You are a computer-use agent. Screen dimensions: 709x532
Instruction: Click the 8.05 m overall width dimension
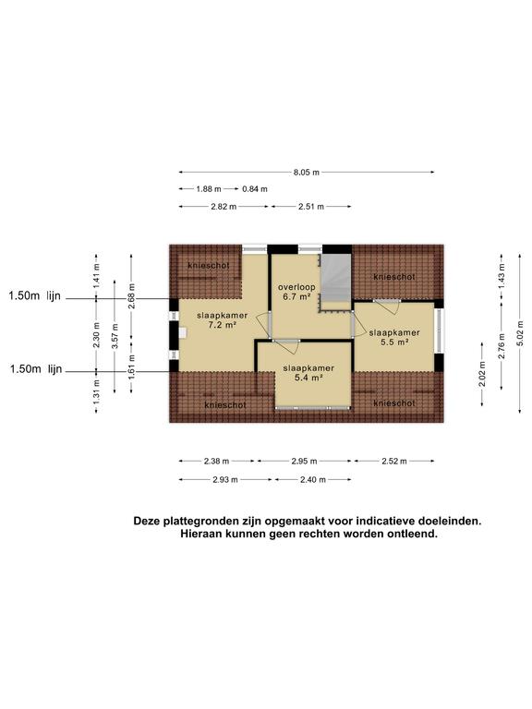[307, 173]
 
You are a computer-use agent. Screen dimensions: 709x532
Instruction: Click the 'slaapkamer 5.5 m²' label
[394, 337]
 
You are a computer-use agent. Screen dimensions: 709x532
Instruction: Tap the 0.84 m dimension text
[255, 189]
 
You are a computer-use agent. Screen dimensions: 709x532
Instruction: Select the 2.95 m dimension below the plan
[305, 460]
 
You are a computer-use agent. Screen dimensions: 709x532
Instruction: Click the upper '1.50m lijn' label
[35, 296]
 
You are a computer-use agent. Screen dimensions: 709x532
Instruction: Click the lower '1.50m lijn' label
[35, 369]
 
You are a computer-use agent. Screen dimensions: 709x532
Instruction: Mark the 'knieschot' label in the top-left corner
[208, 265]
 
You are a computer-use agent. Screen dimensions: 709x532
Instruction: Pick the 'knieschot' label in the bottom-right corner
[394, 403]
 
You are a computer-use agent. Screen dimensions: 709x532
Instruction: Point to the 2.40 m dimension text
[310, 479]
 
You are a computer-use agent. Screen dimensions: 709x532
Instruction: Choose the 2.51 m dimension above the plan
[310, 207]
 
